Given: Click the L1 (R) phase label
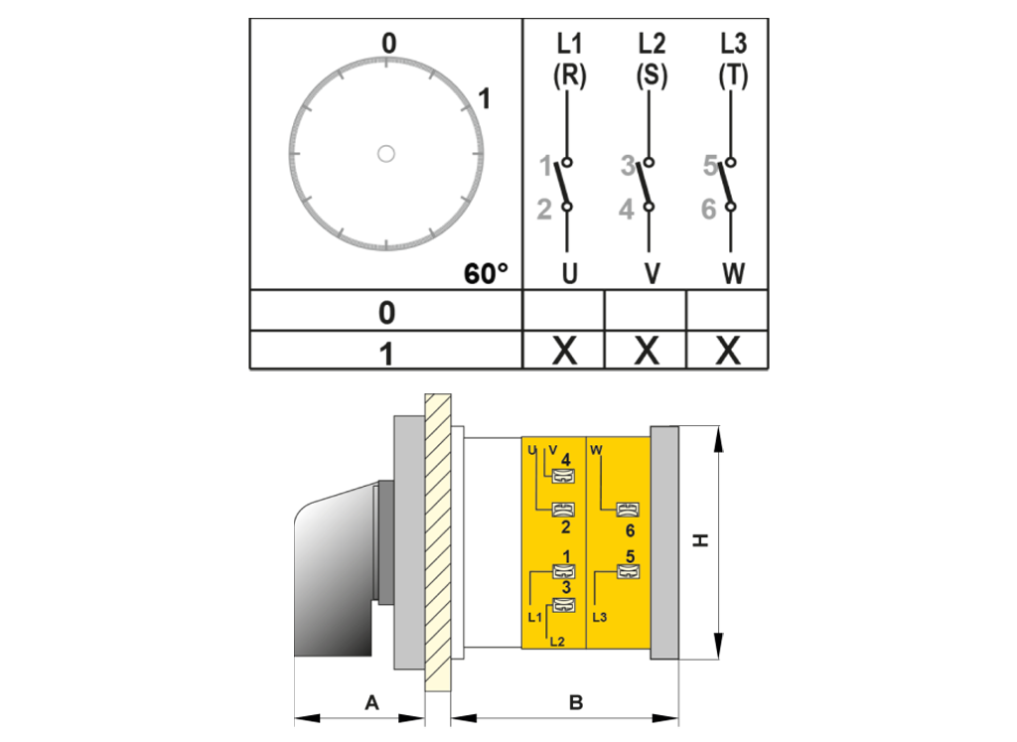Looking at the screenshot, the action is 569,59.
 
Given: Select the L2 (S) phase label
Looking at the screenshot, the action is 652,59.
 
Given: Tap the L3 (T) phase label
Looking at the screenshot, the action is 733,59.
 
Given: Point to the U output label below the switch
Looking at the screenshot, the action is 569,273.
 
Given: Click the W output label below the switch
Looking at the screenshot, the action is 734,273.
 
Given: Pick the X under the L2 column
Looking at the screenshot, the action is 646,351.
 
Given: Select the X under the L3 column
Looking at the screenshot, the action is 728,351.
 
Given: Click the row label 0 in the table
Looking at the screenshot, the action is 386,313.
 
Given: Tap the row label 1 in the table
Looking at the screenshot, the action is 386,355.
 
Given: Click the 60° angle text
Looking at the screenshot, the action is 486,274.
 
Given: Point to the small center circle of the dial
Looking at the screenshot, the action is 386,154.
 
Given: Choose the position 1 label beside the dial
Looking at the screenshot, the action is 484,99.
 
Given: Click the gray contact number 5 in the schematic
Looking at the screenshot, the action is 710,166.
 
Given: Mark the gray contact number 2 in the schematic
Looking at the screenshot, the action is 544,210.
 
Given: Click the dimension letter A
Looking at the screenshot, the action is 371,702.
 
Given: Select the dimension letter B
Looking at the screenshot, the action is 576,702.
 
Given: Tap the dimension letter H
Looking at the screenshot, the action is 700,540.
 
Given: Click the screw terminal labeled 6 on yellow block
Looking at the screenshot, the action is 628,510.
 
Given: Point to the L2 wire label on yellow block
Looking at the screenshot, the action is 557,642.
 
